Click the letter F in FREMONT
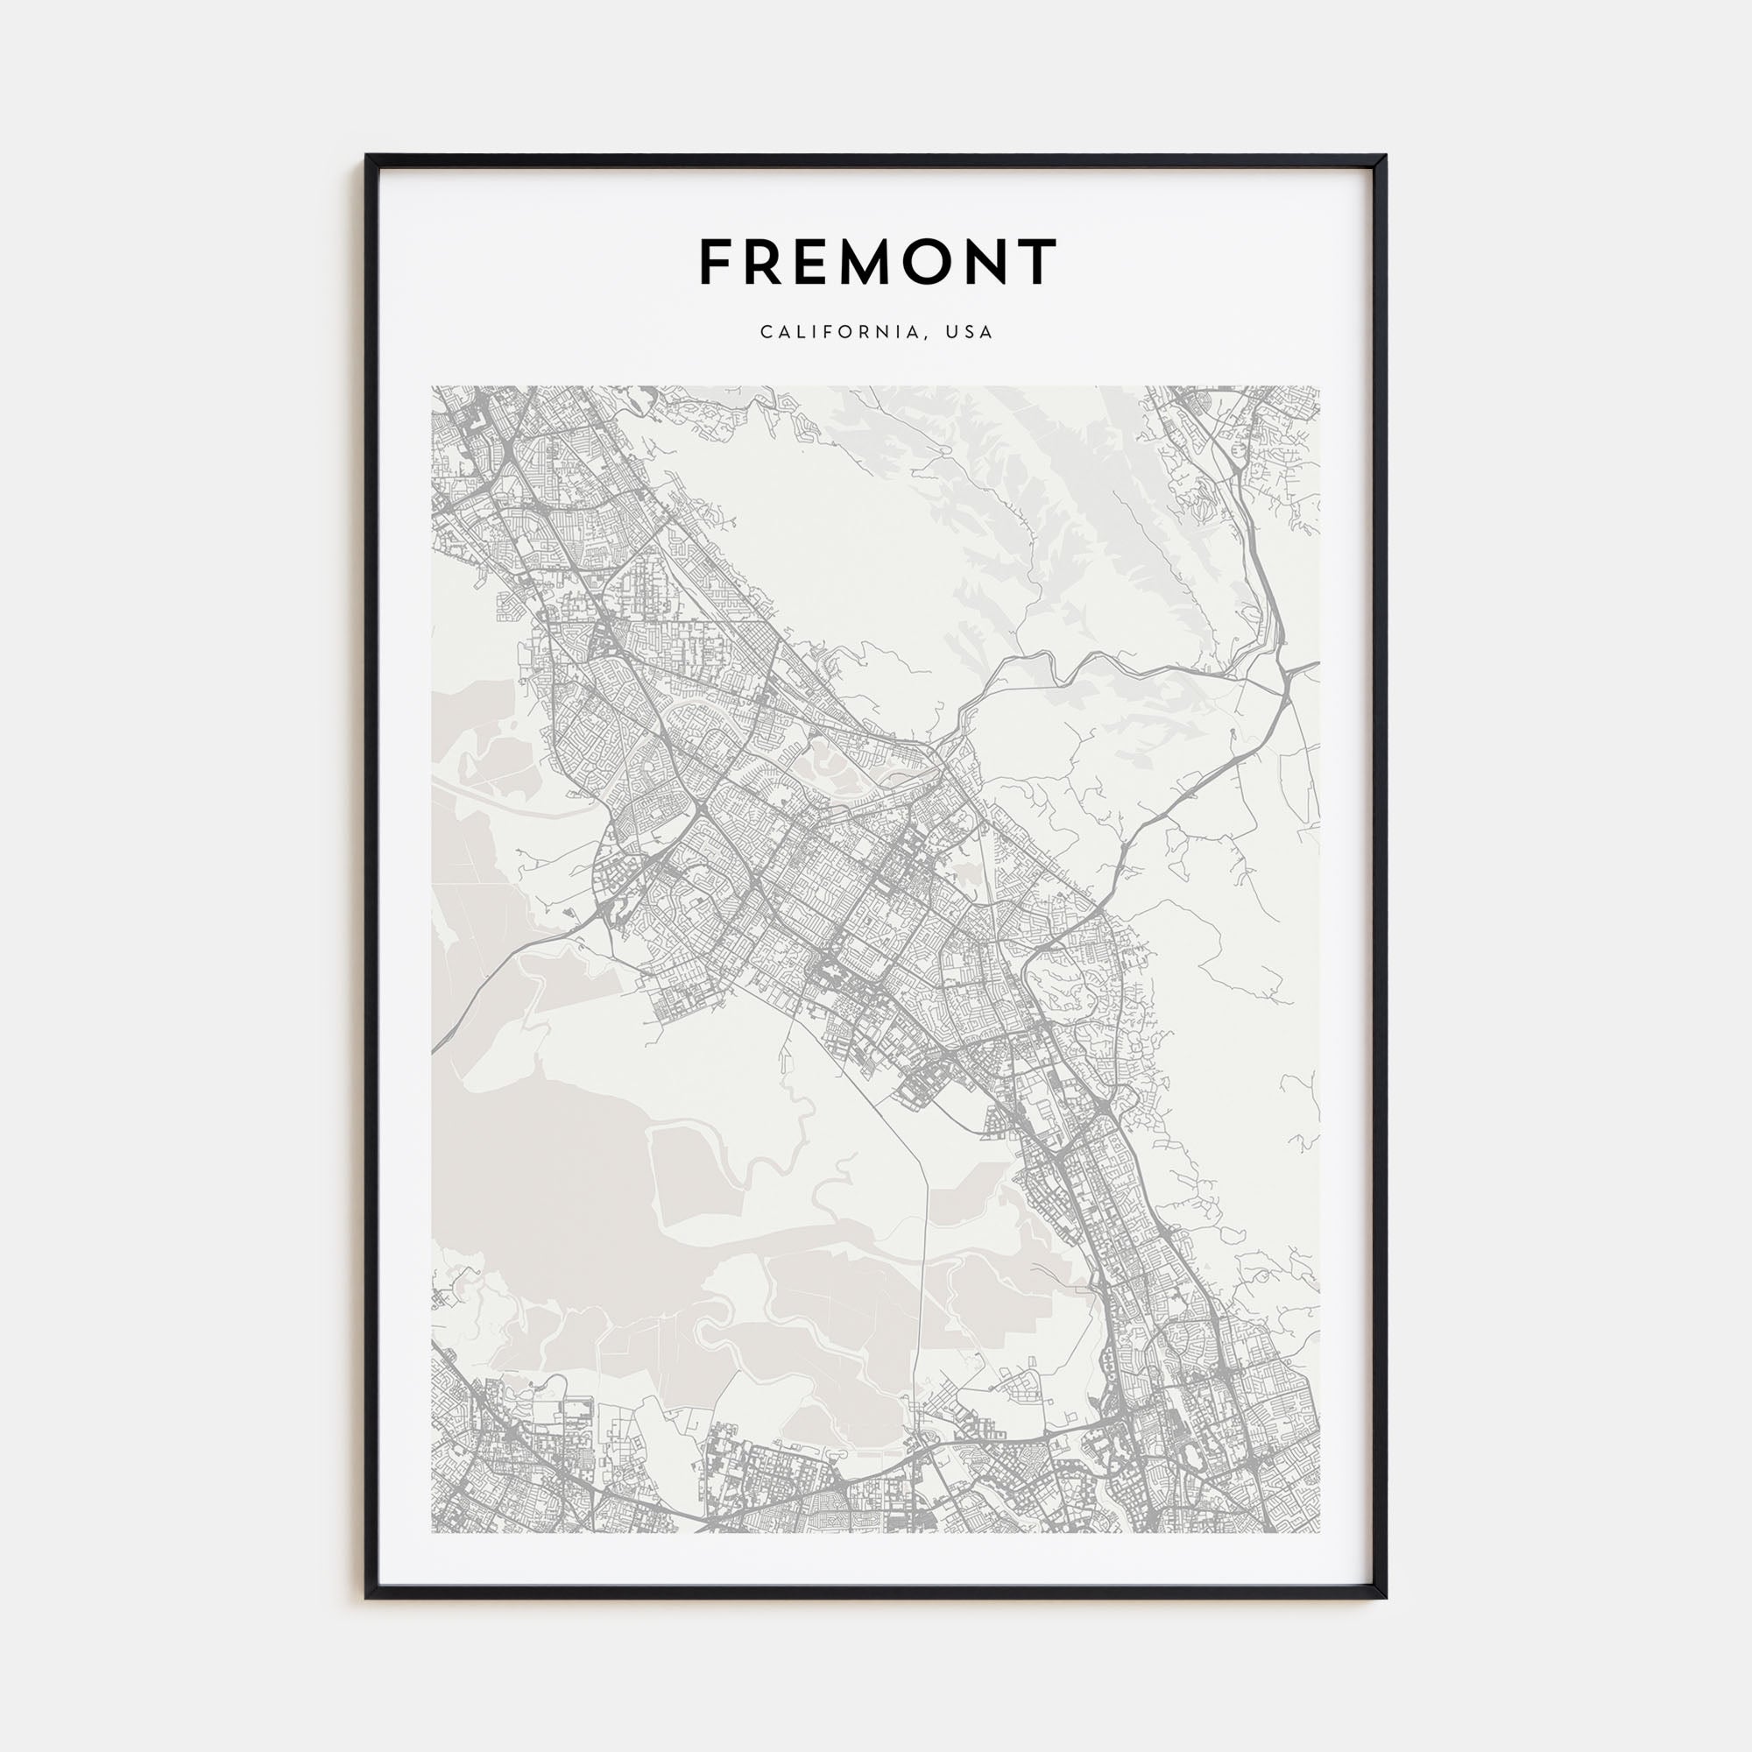716,262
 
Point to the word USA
970,332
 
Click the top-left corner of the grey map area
433,387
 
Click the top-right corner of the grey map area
1319,387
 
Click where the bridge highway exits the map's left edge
434,1052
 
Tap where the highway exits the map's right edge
1318,664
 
